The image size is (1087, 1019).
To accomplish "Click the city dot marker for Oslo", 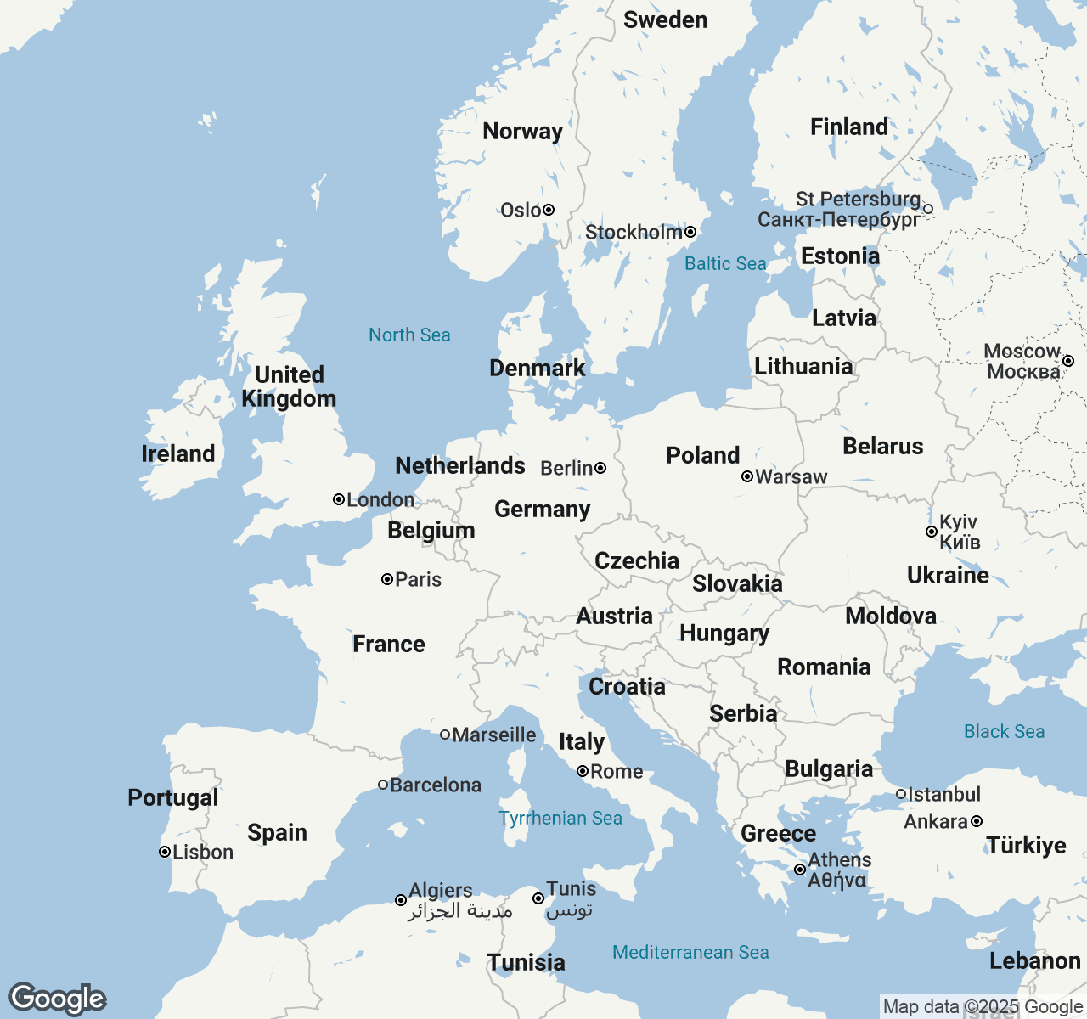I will (549, 210).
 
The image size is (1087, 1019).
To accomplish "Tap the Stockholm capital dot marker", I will (690, 232).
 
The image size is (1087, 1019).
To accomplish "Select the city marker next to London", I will (339, 499).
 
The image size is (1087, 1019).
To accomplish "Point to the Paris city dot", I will (387, 579).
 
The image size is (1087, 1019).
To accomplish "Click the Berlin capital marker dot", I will (600, 468).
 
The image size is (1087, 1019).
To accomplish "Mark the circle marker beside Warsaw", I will (747, 476).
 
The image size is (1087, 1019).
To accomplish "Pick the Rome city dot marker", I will (583, 771).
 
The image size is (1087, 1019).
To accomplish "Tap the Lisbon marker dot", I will (165, 852).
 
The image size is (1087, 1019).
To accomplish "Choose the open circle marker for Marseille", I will (445, 735).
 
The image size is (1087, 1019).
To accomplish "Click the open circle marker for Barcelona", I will (383, 785).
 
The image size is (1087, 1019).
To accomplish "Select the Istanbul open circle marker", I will (901, 794).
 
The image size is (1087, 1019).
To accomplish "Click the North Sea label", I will (409, 335).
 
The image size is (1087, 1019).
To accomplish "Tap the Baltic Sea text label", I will (725, 264).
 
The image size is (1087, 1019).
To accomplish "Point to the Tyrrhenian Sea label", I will (560, 818).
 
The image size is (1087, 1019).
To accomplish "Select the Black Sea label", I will (1004, 732).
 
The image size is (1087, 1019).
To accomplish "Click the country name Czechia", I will (637, 560).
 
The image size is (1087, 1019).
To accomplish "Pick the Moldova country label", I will (891, 616).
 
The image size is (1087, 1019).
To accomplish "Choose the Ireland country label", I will (178, 453).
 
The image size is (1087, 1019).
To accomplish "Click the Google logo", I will (58, 999).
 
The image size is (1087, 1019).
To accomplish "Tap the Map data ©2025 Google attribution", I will (983, 1007).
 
